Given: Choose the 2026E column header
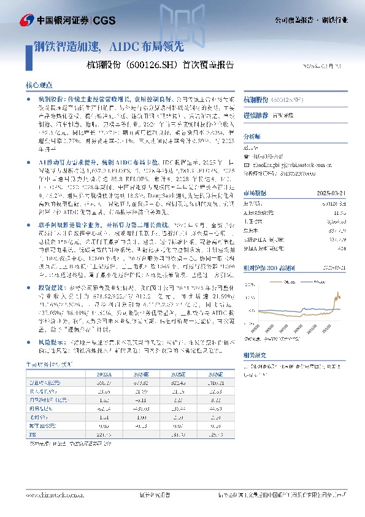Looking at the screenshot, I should (x=214, y=373).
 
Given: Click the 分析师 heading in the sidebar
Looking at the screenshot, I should (x=252, y=136).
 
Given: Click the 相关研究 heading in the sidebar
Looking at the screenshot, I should (x=255, y=354).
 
